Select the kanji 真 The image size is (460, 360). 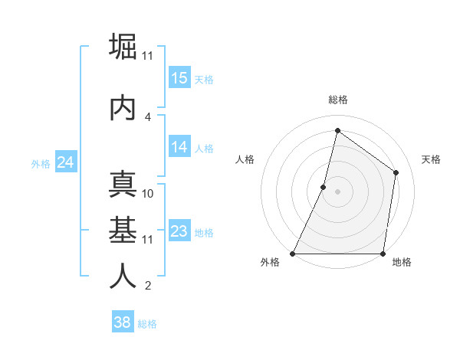(x=123, y=184)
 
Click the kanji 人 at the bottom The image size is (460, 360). (x=123, y=277)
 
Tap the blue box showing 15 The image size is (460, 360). (x=179, y=78)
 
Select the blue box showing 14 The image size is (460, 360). (x=179, y=148)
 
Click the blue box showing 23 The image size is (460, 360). (x=179, y=231)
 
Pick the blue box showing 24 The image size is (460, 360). (x=65, y=162)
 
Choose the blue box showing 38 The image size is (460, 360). (x=123, y=322)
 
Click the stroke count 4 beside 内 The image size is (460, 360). (x=148, y=116)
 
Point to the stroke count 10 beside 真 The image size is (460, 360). (x=149, y=193)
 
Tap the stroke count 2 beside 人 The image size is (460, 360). (x=148, y=286)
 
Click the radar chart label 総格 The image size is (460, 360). (x=338, y=100)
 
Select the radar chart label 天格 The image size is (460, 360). (x=431, y=159)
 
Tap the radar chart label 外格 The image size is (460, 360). (x=270, y=263)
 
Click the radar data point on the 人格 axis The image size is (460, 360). (x=324, y=187)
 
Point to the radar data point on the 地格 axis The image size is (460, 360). (x=383, y=254)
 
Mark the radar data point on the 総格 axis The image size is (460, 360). (x=337, y=131)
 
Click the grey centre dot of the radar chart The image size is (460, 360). (x=337, y=191)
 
